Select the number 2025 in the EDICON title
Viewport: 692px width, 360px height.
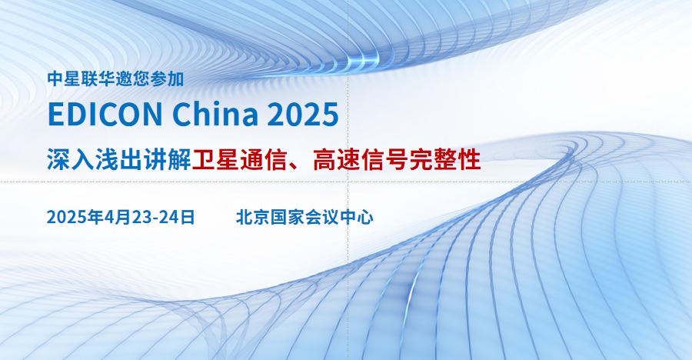[303, 114]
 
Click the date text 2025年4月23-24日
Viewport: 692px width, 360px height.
[121, 217]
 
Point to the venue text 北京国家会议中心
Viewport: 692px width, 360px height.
[304, 217]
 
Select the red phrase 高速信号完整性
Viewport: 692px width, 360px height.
[397, 160]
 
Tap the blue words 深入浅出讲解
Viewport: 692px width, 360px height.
[119, 160]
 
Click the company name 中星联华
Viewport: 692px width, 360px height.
[82, 79]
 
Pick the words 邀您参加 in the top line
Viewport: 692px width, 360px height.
[150, 79]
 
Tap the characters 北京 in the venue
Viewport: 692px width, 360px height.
[253, 217]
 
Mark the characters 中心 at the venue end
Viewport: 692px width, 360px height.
[357, 217]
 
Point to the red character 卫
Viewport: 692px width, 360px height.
[204, 160]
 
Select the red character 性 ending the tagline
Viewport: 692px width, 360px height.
[469, 160]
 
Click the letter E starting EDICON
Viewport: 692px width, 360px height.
[55, 114]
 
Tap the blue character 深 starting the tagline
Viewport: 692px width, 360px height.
[59, 160]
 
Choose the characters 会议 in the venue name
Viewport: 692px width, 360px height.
[321, 217]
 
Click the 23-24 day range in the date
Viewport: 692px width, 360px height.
[155, 217]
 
